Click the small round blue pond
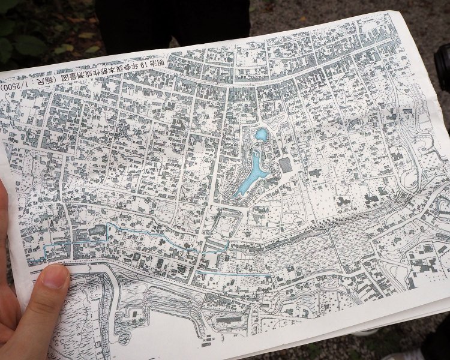pyautogui.click(x=260, y=135)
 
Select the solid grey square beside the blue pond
pyautogui.click(x=286, y=164)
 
